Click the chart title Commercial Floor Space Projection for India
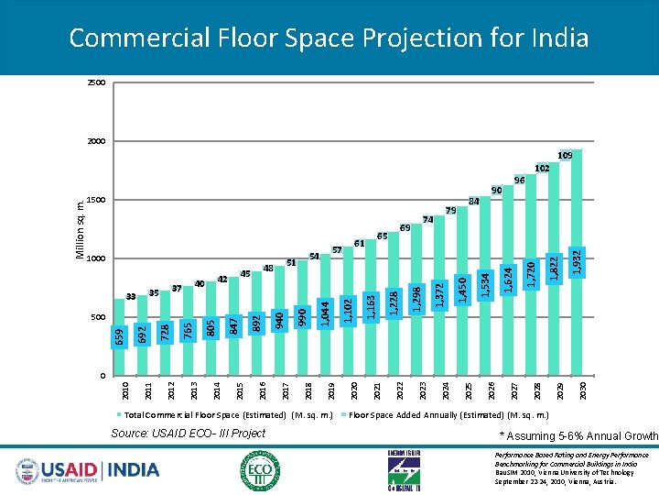click(329, 38)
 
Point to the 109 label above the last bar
click(566, 157)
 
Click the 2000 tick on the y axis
click(96, 142)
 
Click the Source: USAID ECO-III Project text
click(188, 434)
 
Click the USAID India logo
click(87, 469)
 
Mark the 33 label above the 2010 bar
click(131, 297)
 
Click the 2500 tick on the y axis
click(96, 83)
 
